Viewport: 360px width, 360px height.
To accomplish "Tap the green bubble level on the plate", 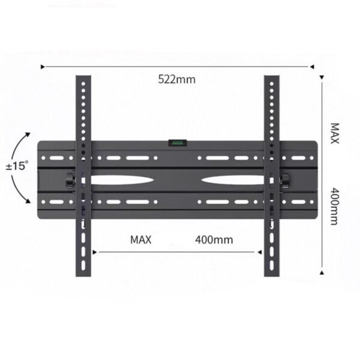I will pyautogui.click(x=178, y=143).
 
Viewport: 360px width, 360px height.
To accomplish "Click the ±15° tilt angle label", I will pyautogui.click(x=17, y=166).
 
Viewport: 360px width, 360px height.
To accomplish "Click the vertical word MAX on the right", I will pyautogui.click(x=334, y=134).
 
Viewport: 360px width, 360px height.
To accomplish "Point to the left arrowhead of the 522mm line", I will pyautogui.click(x=43, y=67).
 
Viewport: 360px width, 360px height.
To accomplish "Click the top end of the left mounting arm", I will pyautogui.click(x=83, y=77).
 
